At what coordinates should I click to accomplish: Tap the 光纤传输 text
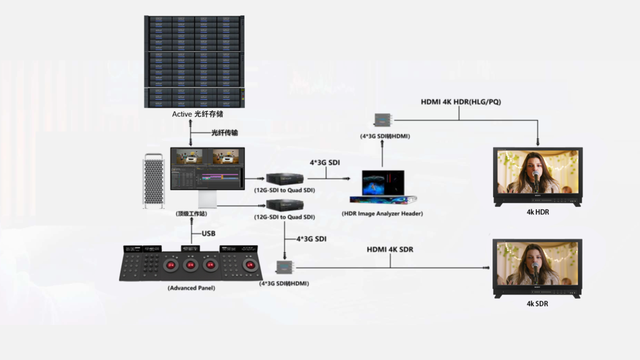(224, 133)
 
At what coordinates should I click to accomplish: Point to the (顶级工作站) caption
(192, 214)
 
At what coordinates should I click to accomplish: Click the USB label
(208, 234)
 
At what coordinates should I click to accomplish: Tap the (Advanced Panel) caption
(191, 288)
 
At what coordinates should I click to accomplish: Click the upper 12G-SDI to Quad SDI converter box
(284, 178)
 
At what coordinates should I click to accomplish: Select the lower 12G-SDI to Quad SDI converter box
(284, 205)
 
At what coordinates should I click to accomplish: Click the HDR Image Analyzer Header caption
(382, 214)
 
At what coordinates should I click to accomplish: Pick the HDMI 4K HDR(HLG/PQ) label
(461, 102)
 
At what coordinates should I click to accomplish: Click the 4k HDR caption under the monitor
(537, 212)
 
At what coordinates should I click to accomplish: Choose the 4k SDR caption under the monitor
(537, 304)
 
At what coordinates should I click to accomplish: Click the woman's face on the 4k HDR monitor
(536, 165)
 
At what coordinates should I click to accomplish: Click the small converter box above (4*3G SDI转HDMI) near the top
(382, 119)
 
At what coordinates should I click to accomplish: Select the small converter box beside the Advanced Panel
(286, 267)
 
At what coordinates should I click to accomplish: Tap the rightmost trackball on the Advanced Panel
(252, 265)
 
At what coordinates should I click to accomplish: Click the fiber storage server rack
(194, 61)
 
